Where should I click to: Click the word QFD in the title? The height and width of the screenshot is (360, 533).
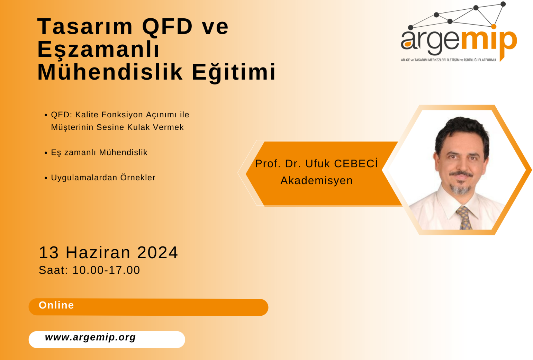tap(167, 27)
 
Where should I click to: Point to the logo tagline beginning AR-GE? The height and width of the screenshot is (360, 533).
tap(448, 60)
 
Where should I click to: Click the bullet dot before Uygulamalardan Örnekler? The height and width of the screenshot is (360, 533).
tap(46, 178)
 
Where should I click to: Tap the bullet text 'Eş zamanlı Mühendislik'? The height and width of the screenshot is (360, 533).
tap(99, 153)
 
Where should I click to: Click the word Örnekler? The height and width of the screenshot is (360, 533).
tap(138, 178)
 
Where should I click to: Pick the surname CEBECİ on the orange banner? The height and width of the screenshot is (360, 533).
tap(356, 164)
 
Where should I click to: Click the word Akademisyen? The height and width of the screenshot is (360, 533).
tap(316, 180)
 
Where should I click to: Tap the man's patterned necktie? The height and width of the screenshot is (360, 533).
tap(464, 217)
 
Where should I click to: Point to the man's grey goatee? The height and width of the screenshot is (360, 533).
tap(461, 188)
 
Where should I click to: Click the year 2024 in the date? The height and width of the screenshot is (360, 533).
tap(157, 252)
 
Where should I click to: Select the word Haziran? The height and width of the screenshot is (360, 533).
tap(98, 252)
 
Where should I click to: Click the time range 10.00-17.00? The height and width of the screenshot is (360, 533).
tap(106, 270)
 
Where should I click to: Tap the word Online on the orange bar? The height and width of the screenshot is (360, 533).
tap(56, 305)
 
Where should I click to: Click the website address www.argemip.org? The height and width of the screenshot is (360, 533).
tap(90, 337)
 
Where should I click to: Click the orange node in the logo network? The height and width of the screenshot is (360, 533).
tap(494, 27)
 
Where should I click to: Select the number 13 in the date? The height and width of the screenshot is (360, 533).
tap(49, 252)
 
